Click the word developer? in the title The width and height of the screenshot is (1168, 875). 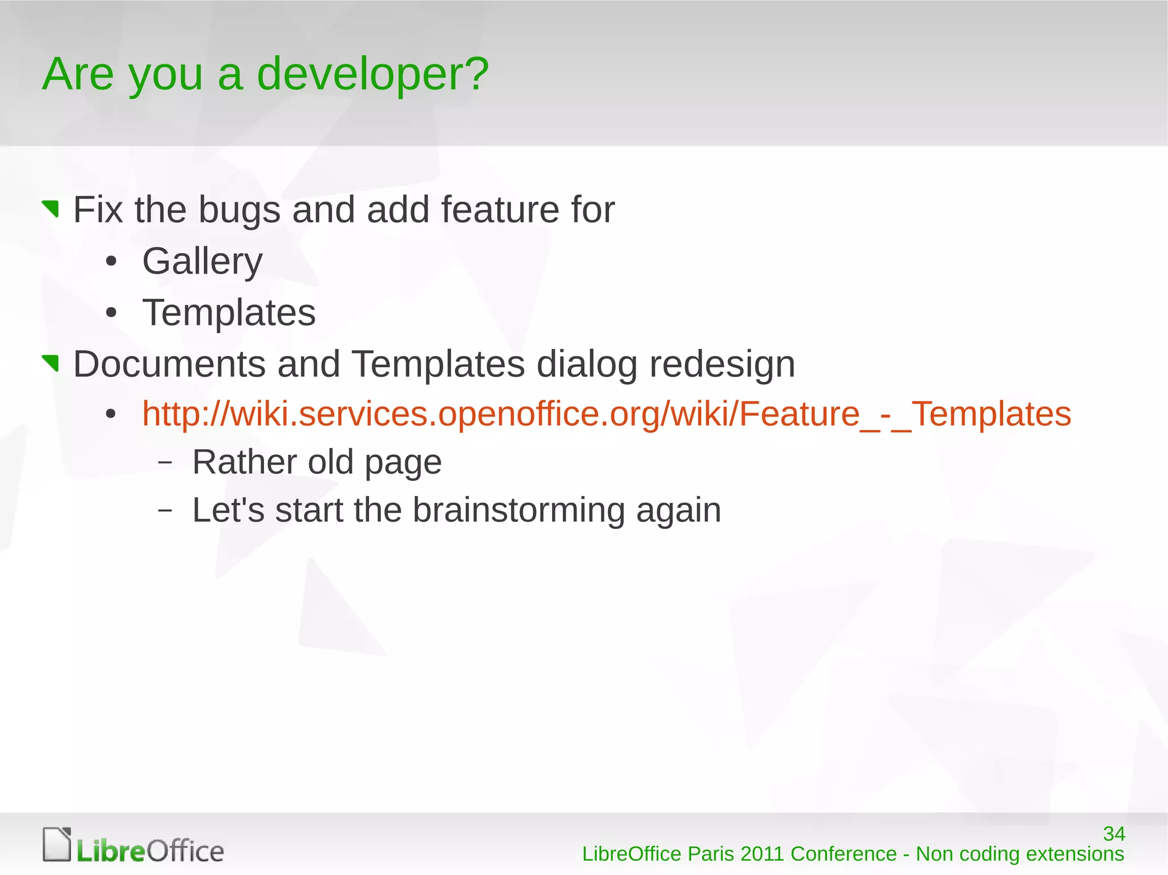point(372,74)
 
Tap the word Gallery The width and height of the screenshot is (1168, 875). point(202,262)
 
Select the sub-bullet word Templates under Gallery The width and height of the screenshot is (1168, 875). point(229,313)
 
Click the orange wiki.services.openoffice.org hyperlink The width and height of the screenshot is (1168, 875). point(606,414)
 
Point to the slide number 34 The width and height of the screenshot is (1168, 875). point(1113,834)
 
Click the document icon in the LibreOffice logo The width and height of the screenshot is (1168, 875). point(57,844)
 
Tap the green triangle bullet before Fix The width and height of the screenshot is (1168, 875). point(51,208)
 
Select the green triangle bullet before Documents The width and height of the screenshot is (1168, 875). point(51,362)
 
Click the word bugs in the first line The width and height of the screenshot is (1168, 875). point(239,210)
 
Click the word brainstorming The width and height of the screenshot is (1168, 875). point(518,510)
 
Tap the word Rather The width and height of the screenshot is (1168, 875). point(244,462)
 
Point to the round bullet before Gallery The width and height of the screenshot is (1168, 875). point(111,262)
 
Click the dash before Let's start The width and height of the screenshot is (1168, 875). point(165,510)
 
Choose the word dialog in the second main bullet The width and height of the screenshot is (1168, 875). point(586,364)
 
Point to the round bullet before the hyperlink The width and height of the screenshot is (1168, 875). point(111,414)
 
